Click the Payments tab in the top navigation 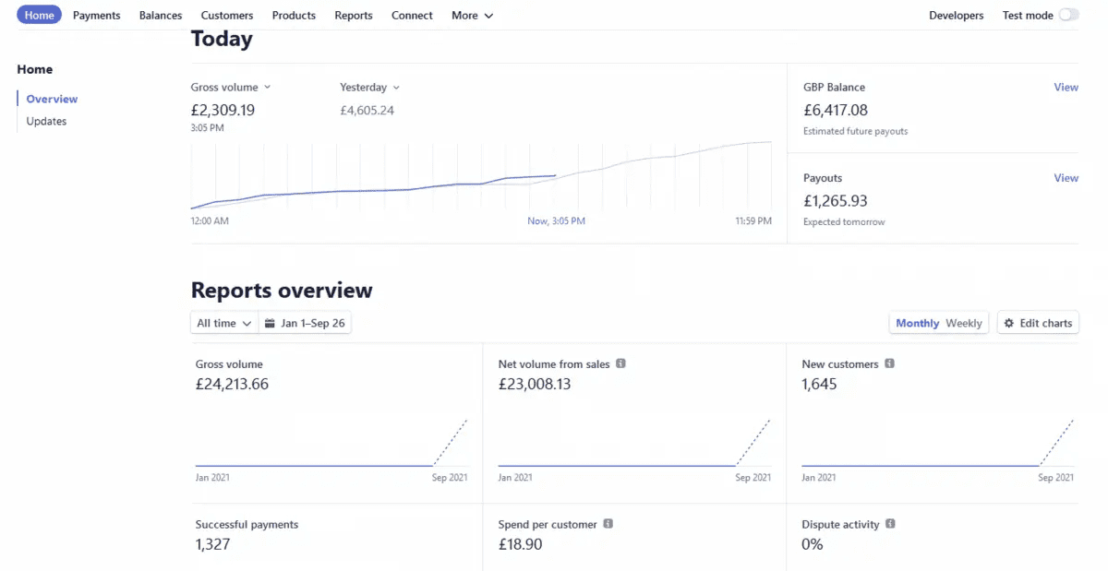pos(96,16)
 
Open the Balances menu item pos(161,16)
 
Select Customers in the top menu pos(226,16)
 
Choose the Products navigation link pos(294,16)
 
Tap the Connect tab pos(412,16)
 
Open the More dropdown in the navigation pos(472,16)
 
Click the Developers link pos(956,16)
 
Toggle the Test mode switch pos(1068,15)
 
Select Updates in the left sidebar pos(46,122)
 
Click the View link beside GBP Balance pos(1066,88)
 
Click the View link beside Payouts pos(1066,178)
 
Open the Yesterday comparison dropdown pos(369,88)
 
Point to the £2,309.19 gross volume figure pos(223,110)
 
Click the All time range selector pos(223,324)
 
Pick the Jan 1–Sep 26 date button pos(305,324)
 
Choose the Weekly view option pos(964,324)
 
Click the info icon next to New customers pos(889,364)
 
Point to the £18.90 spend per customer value pos(520,544)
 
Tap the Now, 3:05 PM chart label pos(556,221)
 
